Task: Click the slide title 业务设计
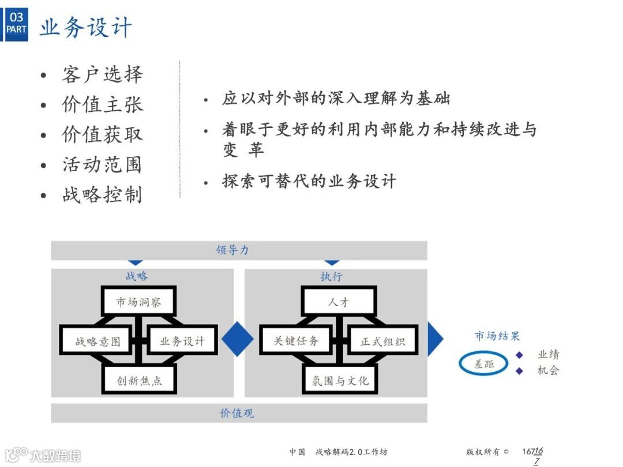[85, 27]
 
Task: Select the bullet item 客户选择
[102, 75]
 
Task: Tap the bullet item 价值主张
[102, 105]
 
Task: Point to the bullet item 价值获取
[102, 135]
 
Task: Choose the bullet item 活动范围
[102, 165]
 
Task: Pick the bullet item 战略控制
[102, 195]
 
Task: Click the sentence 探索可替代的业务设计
[309, 182]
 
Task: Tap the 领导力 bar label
[232, 251]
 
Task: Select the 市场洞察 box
[138, 302]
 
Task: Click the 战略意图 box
[97, 341]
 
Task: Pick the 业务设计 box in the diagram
[182, 341]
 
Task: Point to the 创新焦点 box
[139, 381]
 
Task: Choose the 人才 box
[339, 302]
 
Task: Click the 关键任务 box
[297, 341]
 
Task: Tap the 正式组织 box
[382, 341]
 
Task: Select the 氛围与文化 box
[340, 381]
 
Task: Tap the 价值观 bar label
[237, 413]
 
